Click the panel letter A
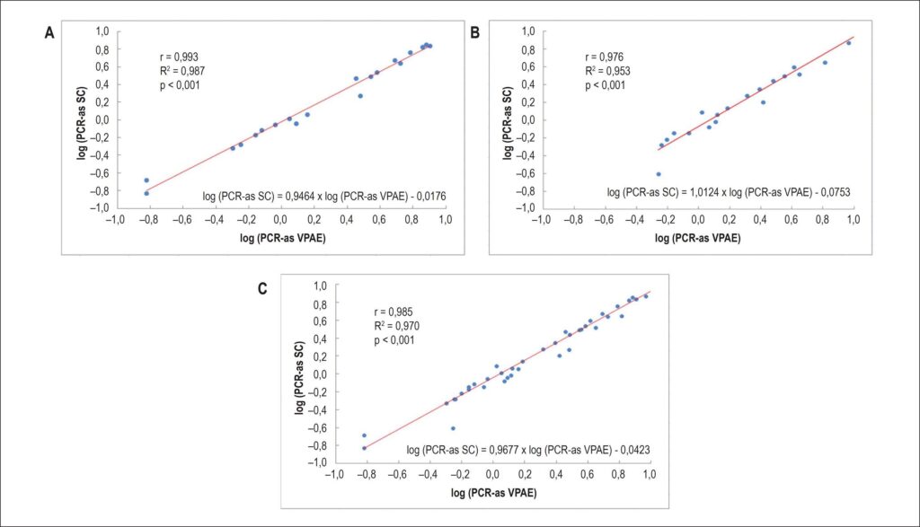click(50, 33)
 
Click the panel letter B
click(474, 33)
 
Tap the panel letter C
click(262, 289)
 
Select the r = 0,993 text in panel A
click(179, 57)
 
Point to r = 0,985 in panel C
click(394, 312)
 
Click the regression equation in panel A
click(323, 197)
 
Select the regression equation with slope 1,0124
click(728, 192)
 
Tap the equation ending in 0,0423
click(528, 450)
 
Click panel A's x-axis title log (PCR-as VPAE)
click(282, 238)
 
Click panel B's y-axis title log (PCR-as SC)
click(508, 123)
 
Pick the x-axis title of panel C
click(493, 493)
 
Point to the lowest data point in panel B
click(659, 174)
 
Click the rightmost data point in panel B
click(848, 43)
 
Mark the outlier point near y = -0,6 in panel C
click(453, 428)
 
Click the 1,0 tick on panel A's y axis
click(102, 31)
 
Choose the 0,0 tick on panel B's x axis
click(697, 220)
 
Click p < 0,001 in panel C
click(394, 340)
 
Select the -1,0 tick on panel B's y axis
click(525, 207)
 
